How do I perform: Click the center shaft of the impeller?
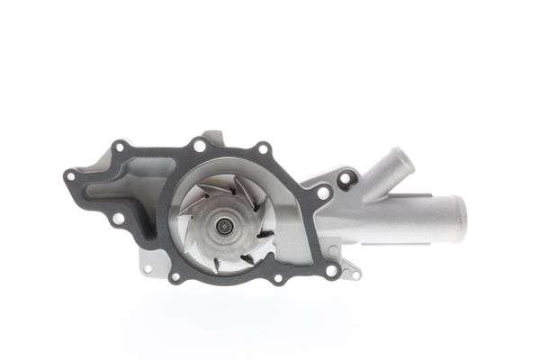click(x=222, y=226)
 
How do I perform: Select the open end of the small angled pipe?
click(x=405, y=159)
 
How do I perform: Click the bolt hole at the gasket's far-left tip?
click(x=70, y=176)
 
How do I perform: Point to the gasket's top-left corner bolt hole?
click(x=119, y=145)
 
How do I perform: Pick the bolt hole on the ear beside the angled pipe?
click(x=343, y=178)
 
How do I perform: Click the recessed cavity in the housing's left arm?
click(x=126, y=188)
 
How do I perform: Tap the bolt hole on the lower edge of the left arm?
click(x=118, y=218)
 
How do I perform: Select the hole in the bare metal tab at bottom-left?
click(x=148, y=267)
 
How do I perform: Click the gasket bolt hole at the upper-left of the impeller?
click(x=200, y=144)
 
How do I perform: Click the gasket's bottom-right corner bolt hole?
click(x=331, y=269)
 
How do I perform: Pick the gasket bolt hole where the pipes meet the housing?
click(x=323, y=192)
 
